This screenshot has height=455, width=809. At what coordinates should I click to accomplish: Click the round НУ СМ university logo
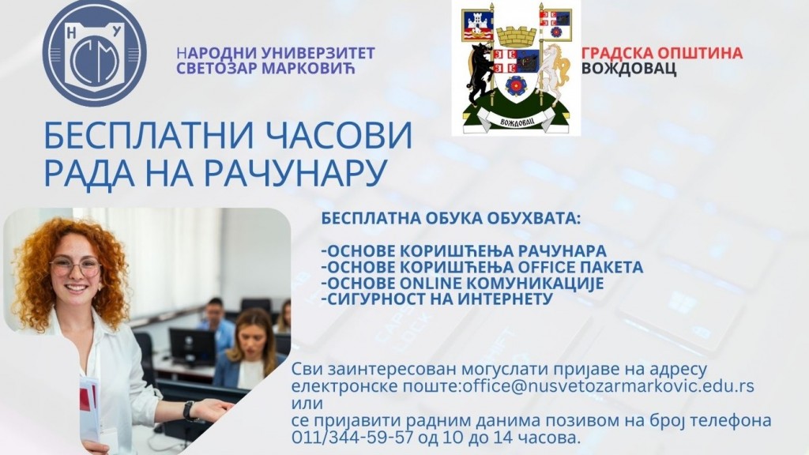[95, 54]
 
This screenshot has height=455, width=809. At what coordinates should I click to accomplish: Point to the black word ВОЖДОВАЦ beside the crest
[629, 69]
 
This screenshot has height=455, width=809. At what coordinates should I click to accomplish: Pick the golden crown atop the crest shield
[517, 37]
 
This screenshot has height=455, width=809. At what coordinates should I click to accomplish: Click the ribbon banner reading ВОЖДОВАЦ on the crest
[517, 122]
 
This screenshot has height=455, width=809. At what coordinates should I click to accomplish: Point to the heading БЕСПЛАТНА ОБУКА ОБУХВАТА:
[451, 218]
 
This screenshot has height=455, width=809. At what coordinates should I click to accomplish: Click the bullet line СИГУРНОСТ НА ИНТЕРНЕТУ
[437, 299]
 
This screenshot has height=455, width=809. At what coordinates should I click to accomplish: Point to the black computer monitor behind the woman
[193, 346]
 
